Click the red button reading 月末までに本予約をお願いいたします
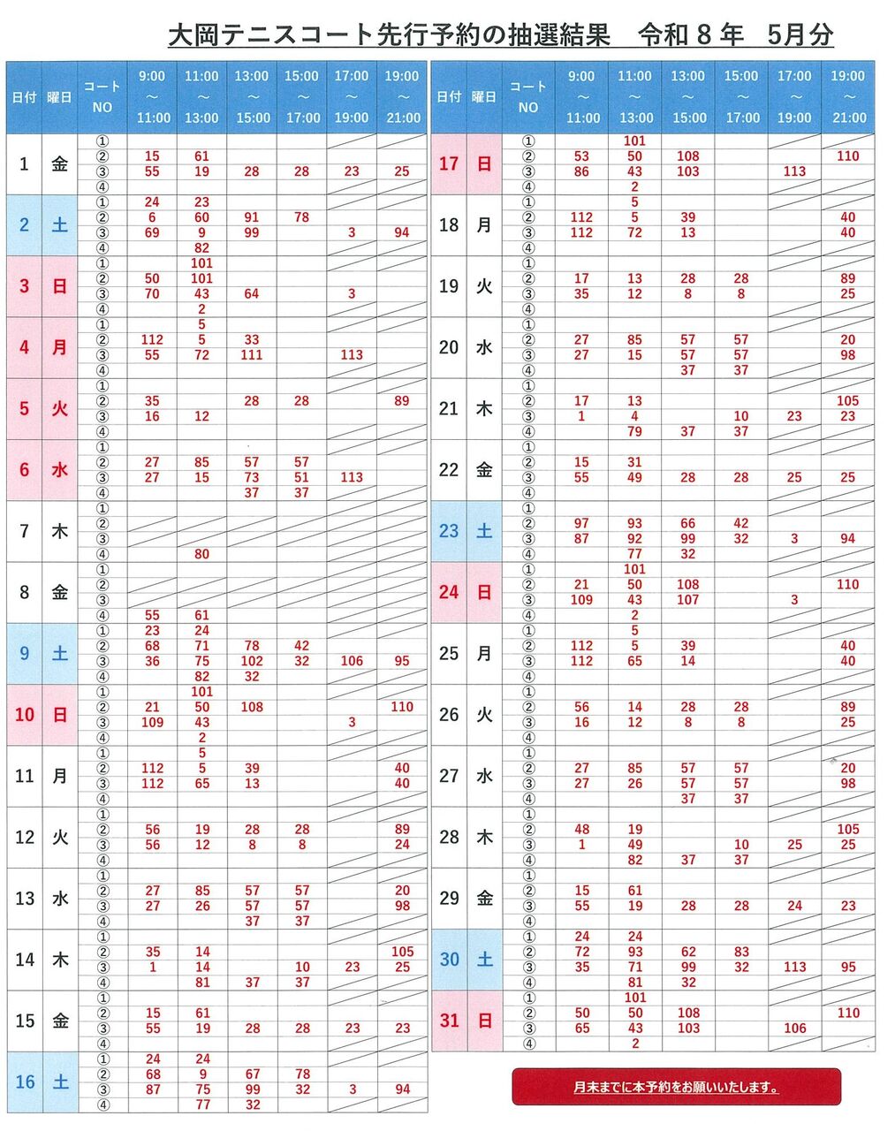coord(676,1087)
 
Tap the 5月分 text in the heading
coord(800,35)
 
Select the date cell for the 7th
coord(24,531)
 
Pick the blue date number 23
coord(449,531)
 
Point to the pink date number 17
coord(449,163)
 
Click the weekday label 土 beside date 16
coord(59,1082)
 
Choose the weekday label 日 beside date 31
coord(484,1021)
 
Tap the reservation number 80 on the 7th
coord(201,554)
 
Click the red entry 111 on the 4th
coord(252,355)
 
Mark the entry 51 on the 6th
coord(301,477)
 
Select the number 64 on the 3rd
coord(252,293)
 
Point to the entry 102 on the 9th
coord(252,661)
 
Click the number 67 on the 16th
coord(252,1074)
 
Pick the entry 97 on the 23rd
coord(581,523)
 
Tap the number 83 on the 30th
coord(741,952)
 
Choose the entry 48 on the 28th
coord(581,830)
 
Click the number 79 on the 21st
coord(634,431)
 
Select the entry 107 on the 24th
coord(688,600)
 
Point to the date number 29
coord(449,898)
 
